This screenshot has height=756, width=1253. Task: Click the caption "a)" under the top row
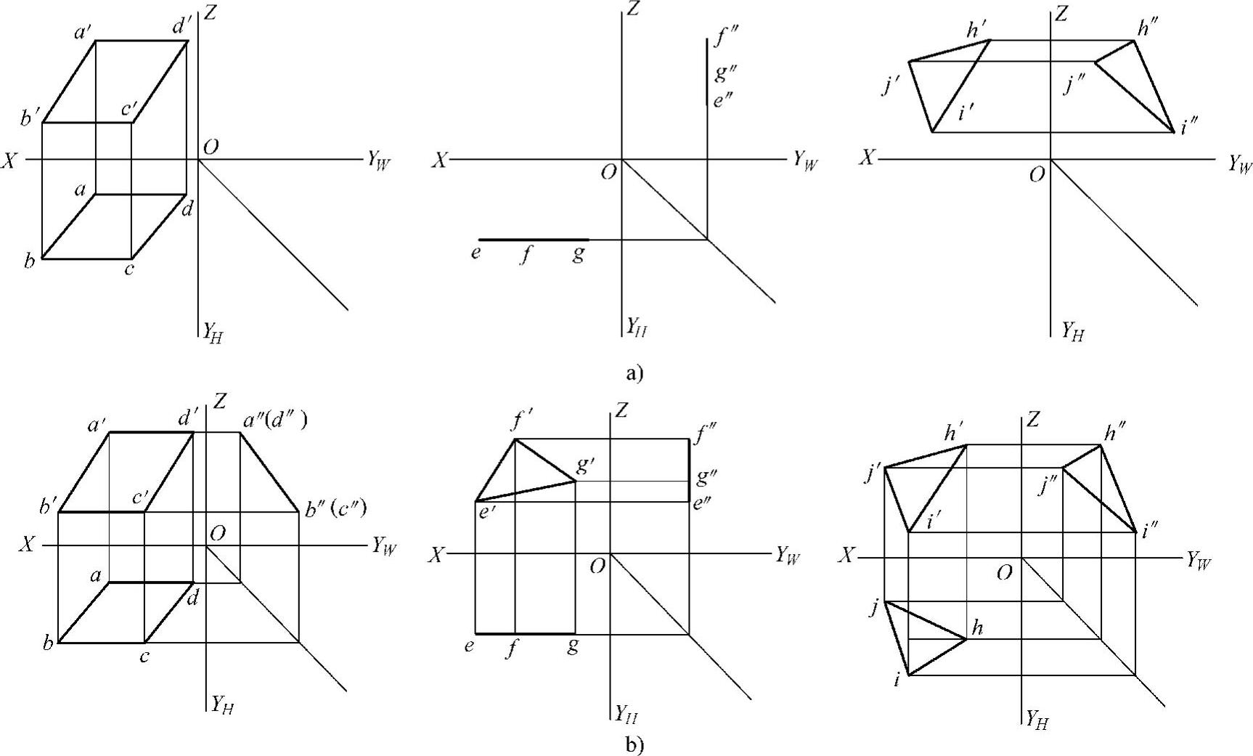coord(634,373)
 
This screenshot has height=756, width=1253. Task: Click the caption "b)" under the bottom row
coord(634,744)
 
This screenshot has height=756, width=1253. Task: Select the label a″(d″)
coord(273,420)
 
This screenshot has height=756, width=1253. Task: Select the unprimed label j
coord(876,606)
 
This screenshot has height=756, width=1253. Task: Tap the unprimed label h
coord(977,627)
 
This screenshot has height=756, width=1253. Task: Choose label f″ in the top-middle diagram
coord(725,36)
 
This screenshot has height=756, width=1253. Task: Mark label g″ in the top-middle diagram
coord(725,73)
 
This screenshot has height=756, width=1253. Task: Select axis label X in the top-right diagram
coord(867,157)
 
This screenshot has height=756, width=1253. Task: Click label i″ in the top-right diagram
coord(1189,128)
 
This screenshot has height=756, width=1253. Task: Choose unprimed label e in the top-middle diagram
coord(476,254)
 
